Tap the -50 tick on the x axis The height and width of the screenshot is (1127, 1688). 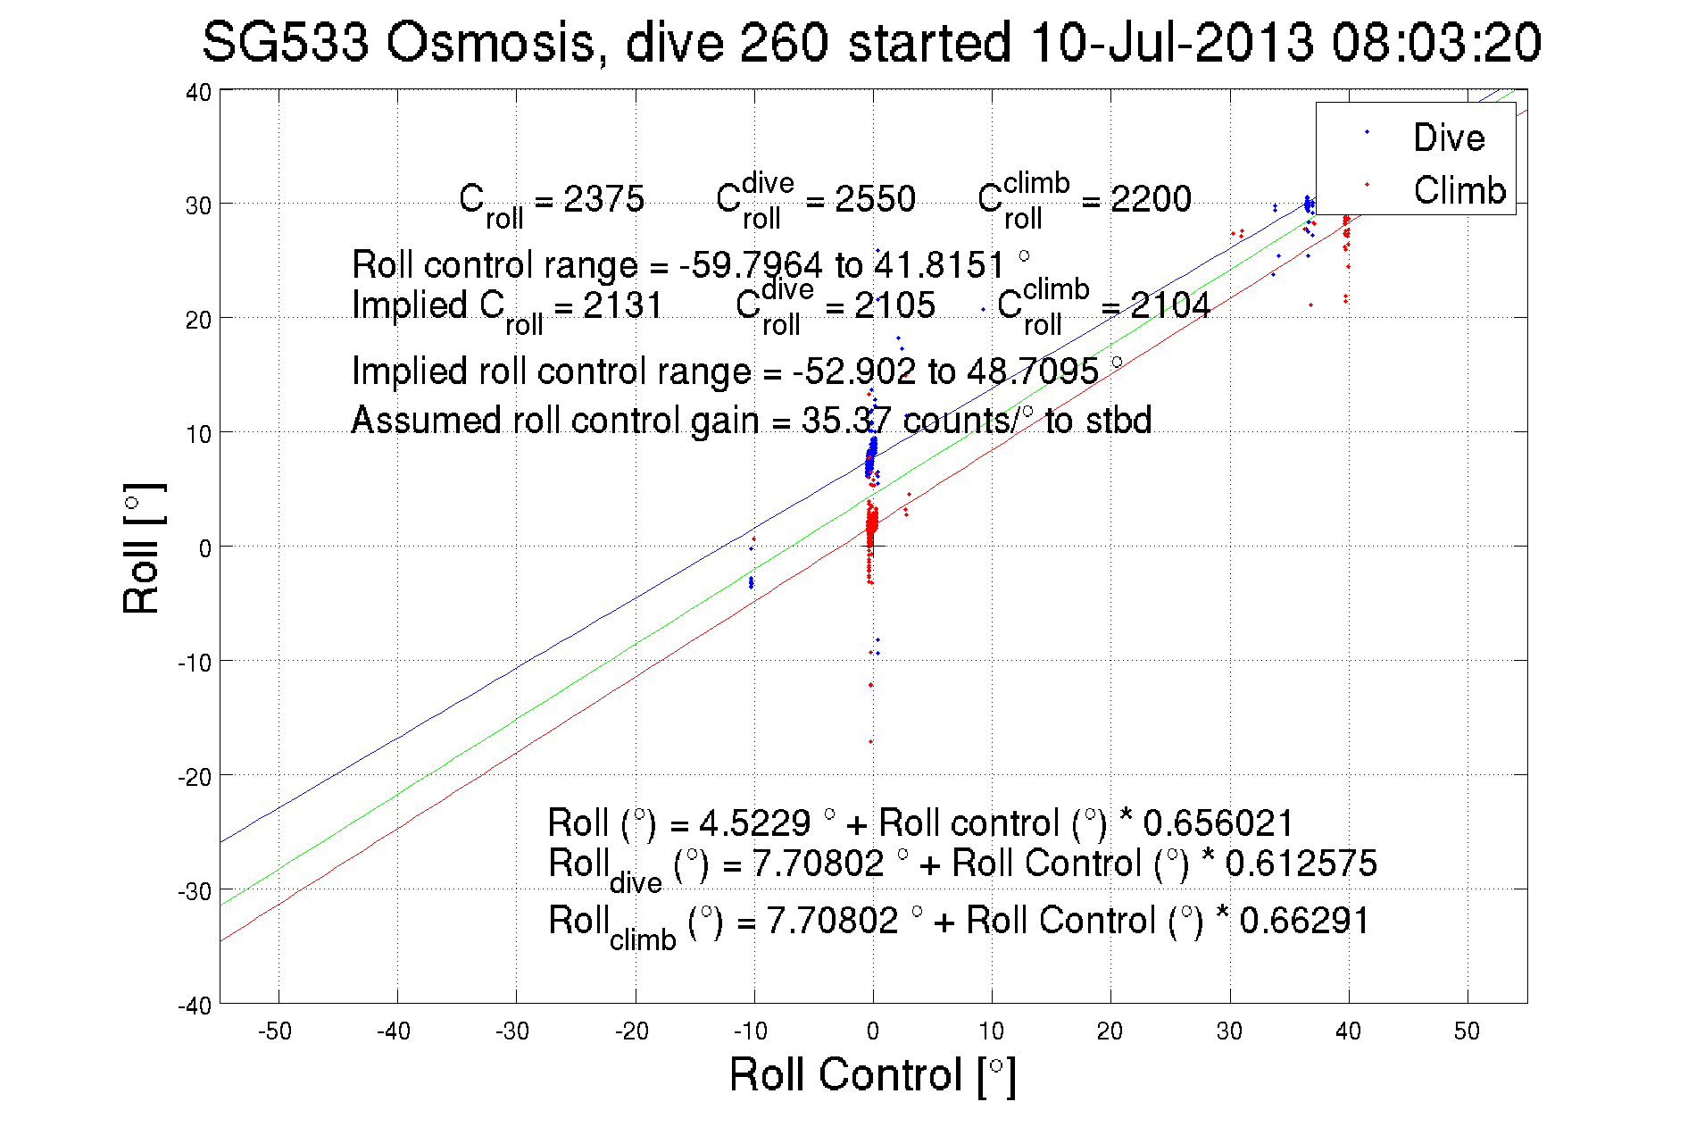pos(275,1031)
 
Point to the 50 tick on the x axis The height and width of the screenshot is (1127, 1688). pos(1467,1031)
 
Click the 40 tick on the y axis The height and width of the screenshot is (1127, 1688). pos(199,93)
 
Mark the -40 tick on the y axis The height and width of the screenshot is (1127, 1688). pos(195,1006)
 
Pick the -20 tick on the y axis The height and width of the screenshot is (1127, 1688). pos(195,777)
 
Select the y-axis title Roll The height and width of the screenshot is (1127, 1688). pos(142,548)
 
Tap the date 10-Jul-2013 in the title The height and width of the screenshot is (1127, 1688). pos(1171,43)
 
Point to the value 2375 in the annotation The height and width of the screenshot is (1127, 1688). pos(603,199)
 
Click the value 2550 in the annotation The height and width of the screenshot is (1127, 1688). pos(875,199)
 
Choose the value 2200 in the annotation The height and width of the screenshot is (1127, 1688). pos(1151,199)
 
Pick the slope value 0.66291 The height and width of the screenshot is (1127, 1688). pos(1304,921)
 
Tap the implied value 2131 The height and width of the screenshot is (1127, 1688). pos(623,306)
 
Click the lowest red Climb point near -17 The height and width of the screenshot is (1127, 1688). pos(870,741)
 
